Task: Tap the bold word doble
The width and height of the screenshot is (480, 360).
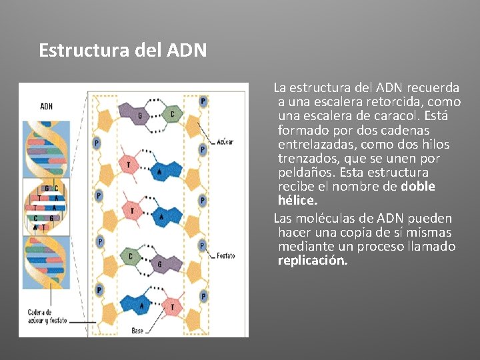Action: click(x=418, y=187)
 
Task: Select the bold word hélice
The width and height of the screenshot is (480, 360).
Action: click(x=298, y=201)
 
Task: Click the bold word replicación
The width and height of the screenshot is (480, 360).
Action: click(x=313, y=261)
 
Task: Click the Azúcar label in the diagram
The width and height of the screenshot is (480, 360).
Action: click(x=225, y=142)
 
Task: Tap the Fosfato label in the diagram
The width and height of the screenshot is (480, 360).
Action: click(x=226, y=256)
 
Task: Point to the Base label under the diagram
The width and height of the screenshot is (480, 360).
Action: click(x=138, y=330)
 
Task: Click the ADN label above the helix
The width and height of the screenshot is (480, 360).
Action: click(x=47, y=106)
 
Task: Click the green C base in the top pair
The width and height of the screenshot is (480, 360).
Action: click(x=172, y=115)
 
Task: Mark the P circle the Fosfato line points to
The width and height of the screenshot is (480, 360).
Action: click(x=202, y=246)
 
